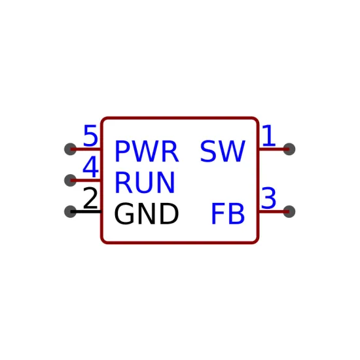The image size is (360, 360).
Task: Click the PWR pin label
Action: click(x=147, y=151)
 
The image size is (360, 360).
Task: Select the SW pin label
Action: click(x=223, y=151)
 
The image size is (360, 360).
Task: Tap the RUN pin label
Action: click(x=145, y=183)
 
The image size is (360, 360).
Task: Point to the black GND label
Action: click(x=146, y=214)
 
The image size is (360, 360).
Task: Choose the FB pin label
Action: click(x=228, y=214)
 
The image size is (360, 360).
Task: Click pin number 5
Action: click(x=90, y=135)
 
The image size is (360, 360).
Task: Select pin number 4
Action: click(x=90, y=167)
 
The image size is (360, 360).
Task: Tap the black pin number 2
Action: click(x=90, y=198)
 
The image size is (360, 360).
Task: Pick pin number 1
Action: click(x=268, y=135)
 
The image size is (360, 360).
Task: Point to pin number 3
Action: click(x=268, y=198)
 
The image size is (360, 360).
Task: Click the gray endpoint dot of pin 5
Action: click(x=70, y=149)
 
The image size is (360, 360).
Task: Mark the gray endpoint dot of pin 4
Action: click(x=70, y=181)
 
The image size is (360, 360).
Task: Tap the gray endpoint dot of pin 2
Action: click(x=70, y=211)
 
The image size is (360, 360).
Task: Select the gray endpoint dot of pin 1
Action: click(x=289, y=149)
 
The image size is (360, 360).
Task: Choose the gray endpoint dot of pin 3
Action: click(x=289, y=211)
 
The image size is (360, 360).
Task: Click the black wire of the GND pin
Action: click(x=86, y=211)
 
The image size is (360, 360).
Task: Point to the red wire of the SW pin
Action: click(x=274, y=149)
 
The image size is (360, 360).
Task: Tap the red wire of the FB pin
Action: click(x=274, y=211)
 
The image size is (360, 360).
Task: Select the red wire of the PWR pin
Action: click(x=86, y=149)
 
